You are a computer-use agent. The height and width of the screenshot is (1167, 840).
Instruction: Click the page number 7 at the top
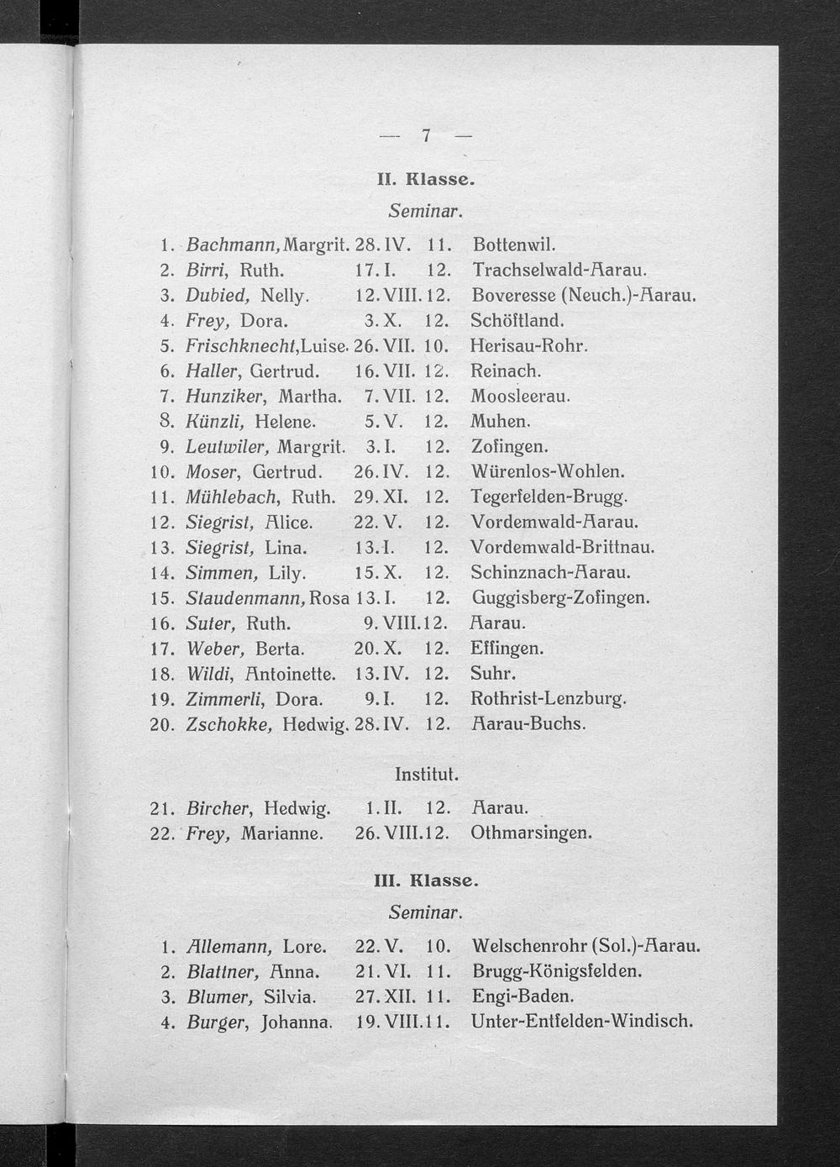[x=426, y=135]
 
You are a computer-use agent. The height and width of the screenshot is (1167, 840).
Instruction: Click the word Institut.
[x=426, y=773]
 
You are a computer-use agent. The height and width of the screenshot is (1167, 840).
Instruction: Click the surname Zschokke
[x=228, y=724]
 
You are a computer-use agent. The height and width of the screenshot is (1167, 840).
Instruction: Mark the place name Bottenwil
[x=514, y=245]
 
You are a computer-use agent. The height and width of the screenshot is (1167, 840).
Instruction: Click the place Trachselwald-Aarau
[x=559, y=271]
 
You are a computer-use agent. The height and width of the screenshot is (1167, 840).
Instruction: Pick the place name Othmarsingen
[x=532, y=833]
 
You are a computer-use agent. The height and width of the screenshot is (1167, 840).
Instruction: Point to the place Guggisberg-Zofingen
[x=560, y=598]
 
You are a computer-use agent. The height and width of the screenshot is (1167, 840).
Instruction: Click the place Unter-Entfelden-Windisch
[x=582, y=1022]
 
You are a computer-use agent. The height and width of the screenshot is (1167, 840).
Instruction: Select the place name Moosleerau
[x=520, y=396]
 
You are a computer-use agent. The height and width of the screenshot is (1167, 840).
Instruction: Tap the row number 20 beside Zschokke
[x=160, y=724]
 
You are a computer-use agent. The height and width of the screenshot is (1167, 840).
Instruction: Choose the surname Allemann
[x=228, y=947]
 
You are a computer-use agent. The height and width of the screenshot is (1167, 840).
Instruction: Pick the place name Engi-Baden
[x=522, y=996]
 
